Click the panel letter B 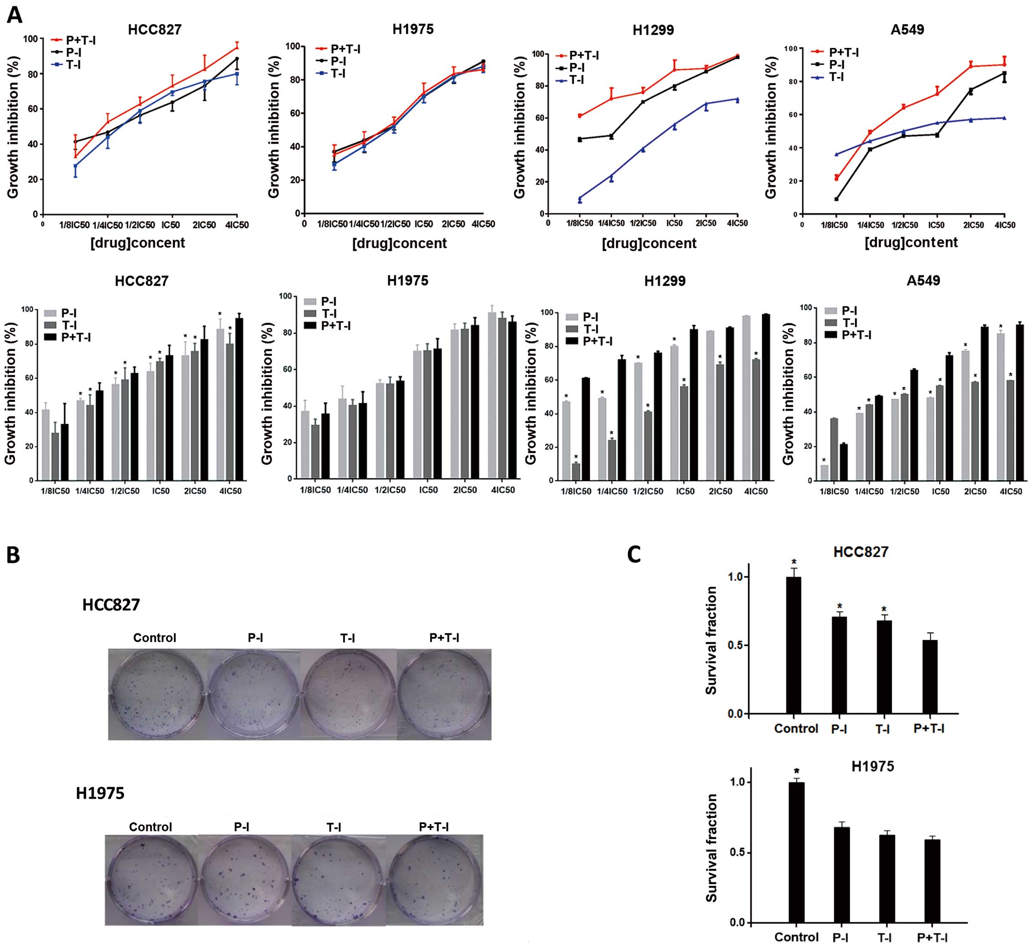click(13, 555)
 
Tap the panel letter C click(634, 555)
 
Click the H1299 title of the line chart click(653, 30)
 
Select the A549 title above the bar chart click(923, 280)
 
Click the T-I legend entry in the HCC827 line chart click(73, 65)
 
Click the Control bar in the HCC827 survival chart click(794, 645)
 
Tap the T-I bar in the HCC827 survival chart click(883, 668)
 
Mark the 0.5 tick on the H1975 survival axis click(737, 853)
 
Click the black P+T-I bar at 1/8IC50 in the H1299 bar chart click(585, 429)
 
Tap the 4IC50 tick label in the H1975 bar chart click(502, 490)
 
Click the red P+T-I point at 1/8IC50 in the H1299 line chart click(580, 116)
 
